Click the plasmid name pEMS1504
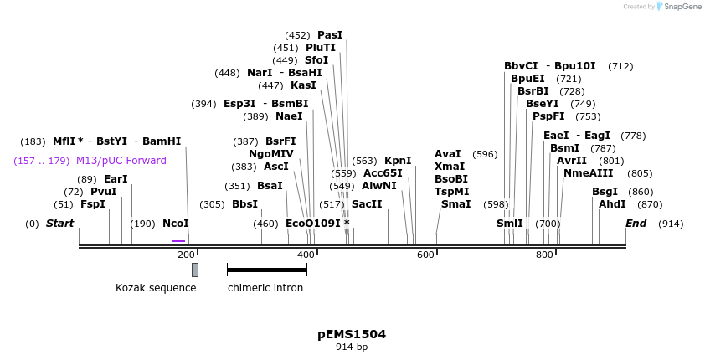[352, 334]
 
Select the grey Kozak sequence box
[195, 270]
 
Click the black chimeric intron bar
[266, 270]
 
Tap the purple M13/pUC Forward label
[121, 161]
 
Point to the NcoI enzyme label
[176, 224]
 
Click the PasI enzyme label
[330, 35]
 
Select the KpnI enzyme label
[398, 161]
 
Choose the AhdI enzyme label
[612, 204]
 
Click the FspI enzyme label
[93, 204]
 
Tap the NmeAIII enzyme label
[588, 173]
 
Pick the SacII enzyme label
[367, 204]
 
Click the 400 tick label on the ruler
[306, 255]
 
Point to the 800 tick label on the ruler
[544, 255]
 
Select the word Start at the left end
[59, 224]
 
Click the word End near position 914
[636, 224]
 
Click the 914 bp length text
[352, 347]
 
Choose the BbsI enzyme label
[244, 204]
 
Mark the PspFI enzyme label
[548, 116]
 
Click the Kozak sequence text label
[156, 288]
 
